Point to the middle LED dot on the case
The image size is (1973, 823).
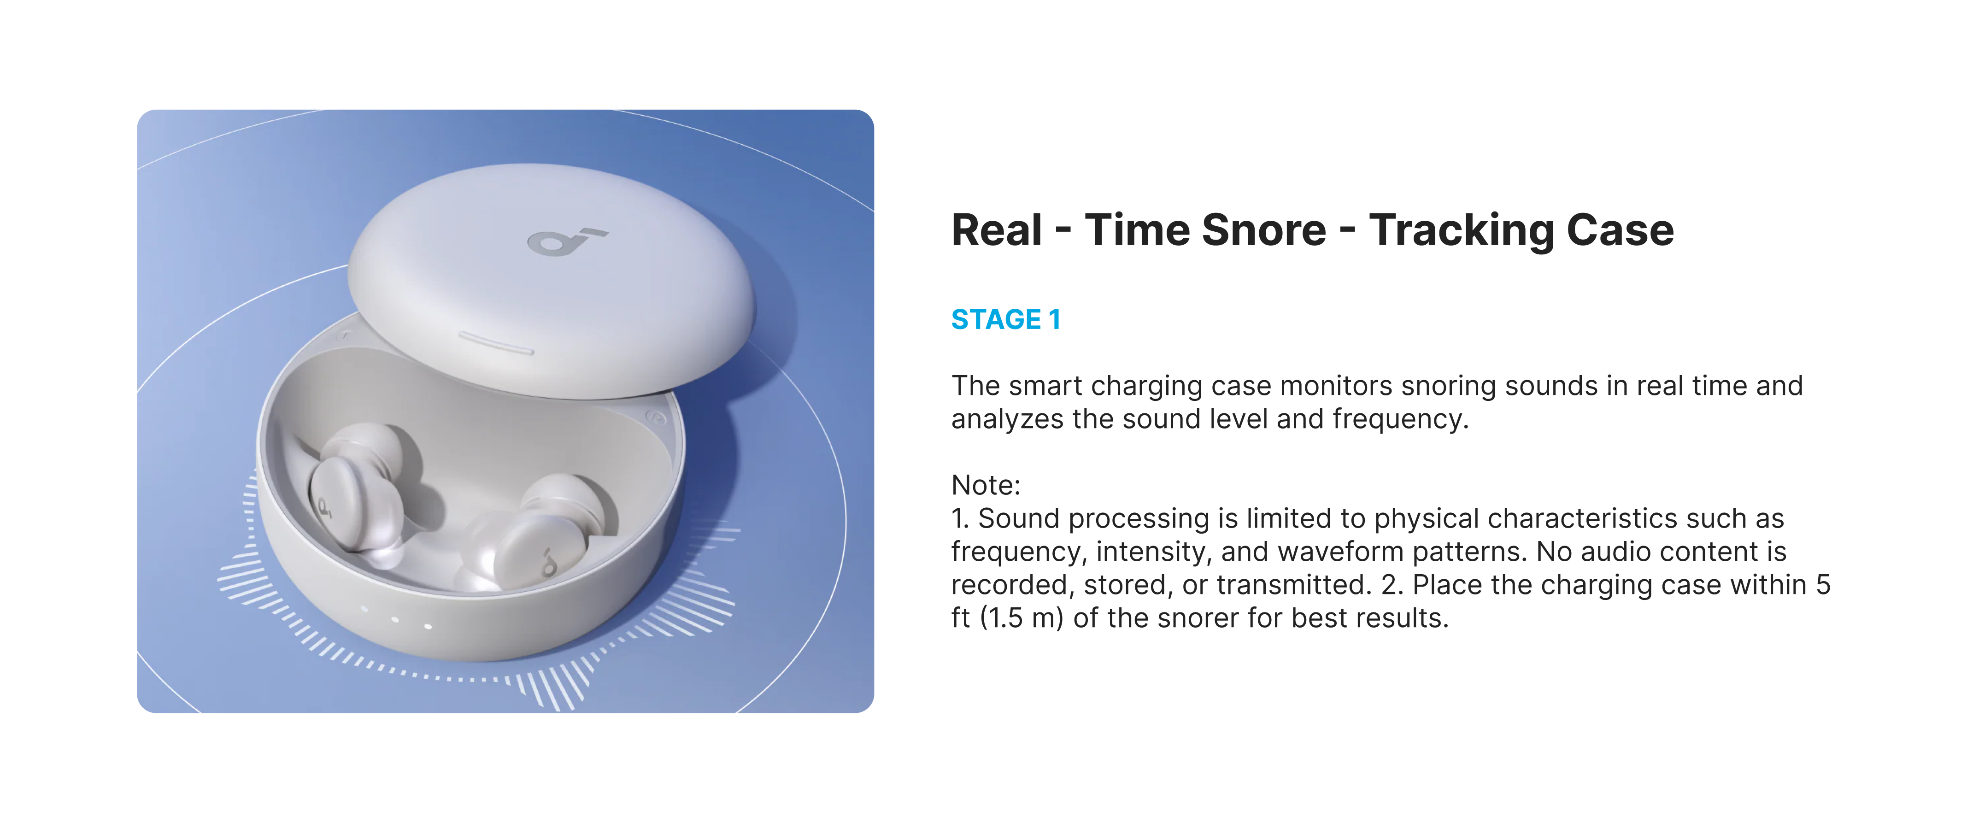(395, 618)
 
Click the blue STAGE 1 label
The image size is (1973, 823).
(1006, 319)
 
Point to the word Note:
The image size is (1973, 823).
(986, 485)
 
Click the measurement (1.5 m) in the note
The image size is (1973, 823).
(1022, 617)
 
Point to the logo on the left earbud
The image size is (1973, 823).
(325, 507)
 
